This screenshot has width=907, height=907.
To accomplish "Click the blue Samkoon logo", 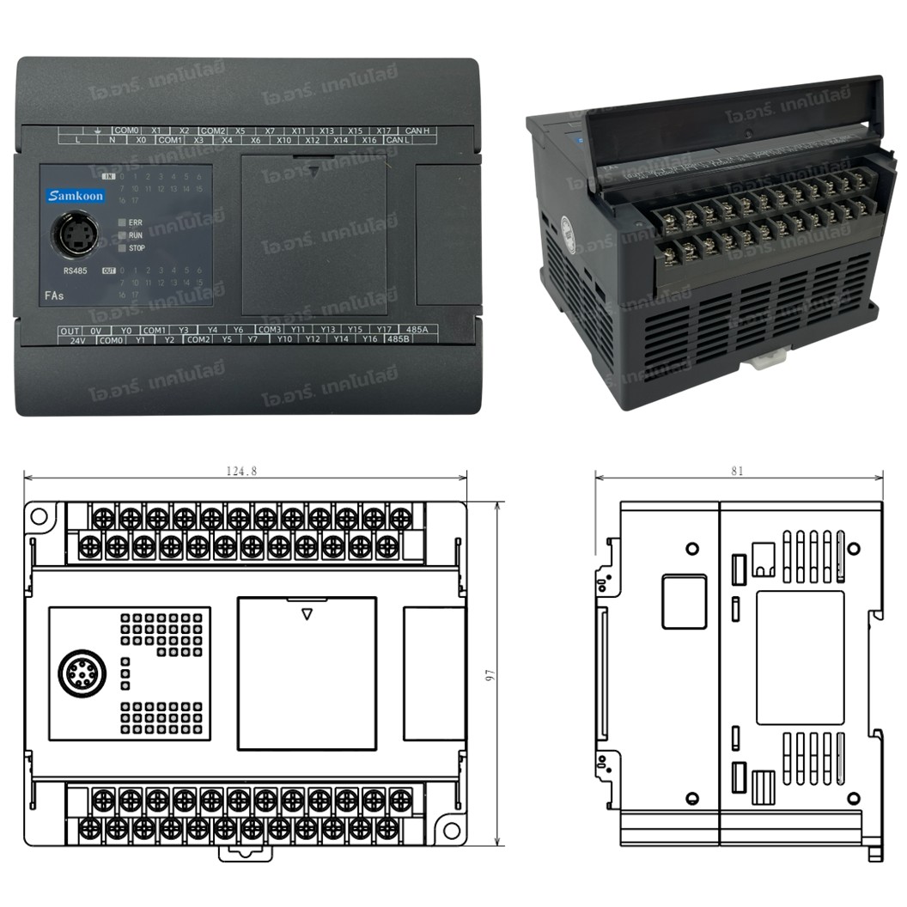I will click(76, 196).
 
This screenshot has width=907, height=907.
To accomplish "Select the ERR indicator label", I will click(135, 222).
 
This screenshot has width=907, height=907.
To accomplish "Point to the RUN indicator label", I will click(135, 234).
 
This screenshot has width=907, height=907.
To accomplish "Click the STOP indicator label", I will click(137, 248).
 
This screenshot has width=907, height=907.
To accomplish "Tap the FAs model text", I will click(53, 295).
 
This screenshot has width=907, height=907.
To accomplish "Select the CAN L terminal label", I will click(396, 140).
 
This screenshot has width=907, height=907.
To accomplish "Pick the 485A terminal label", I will click(417, 330).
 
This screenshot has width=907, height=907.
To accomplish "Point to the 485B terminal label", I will click(398, 339).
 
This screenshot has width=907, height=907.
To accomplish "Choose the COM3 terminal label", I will click(270, 330).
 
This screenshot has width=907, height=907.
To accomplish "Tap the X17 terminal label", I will click(384, 131).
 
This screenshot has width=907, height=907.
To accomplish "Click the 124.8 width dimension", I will click(242, 471).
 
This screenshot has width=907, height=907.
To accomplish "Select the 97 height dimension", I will click(490, 675).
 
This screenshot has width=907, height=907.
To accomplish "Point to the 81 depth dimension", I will click(738, 471).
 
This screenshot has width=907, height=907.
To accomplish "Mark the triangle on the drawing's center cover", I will click(307, 614).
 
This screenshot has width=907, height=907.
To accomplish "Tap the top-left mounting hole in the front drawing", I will click(39, 517).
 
